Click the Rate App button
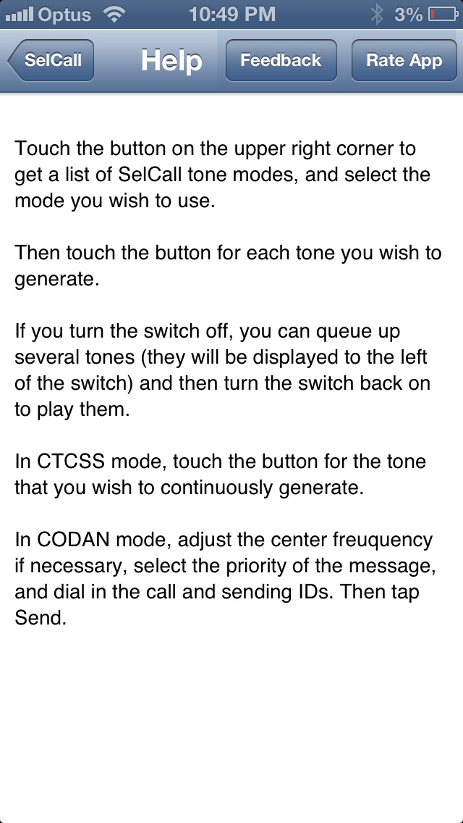(404, 60)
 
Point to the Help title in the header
(171, 60)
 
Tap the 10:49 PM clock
(231, 14)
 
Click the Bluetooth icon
(376, 14)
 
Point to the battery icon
(443, 14)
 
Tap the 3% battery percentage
(409, 14)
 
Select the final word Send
(40, 618)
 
